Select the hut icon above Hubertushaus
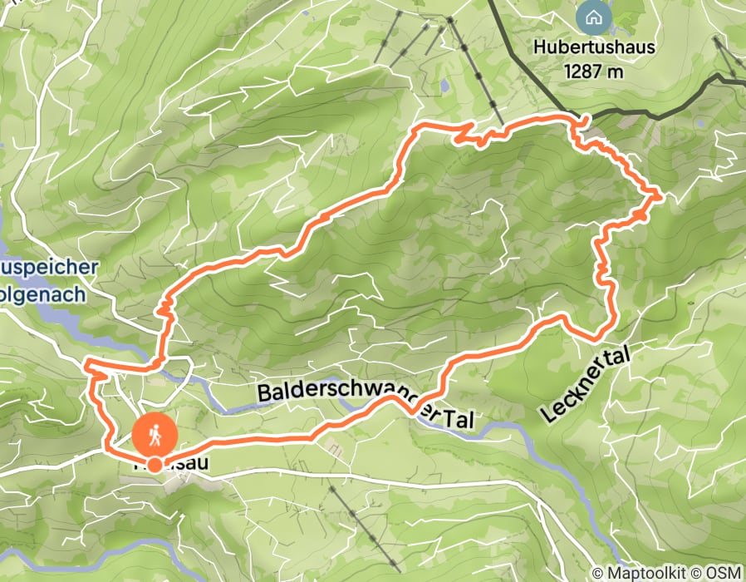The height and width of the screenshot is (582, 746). point(593,16)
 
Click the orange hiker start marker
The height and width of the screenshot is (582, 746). point(155,434)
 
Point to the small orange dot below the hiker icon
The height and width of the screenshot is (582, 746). point(155,464)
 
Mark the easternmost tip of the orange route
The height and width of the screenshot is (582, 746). point(661,196)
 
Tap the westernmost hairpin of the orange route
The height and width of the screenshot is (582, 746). point(86,363)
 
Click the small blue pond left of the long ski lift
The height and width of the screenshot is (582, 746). point(446,85)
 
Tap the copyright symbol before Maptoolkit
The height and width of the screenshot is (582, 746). point(597,573)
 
